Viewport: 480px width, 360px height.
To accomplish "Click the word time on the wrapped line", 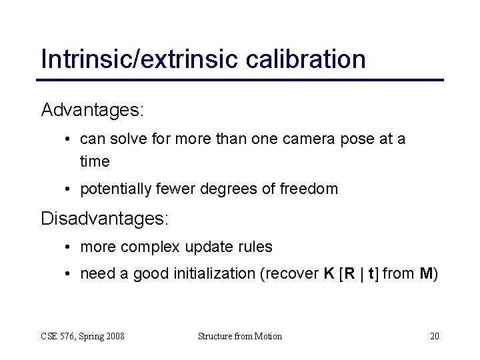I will (95, 161).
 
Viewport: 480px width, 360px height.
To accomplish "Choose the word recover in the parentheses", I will (295, 274).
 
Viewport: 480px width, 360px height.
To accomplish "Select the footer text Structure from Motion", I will (239, 336).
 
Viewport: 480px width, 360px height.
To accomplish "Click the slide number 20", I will (434, 336).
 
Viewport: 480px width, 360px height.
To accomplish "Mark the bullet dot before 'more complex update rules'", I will (69, 247).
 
